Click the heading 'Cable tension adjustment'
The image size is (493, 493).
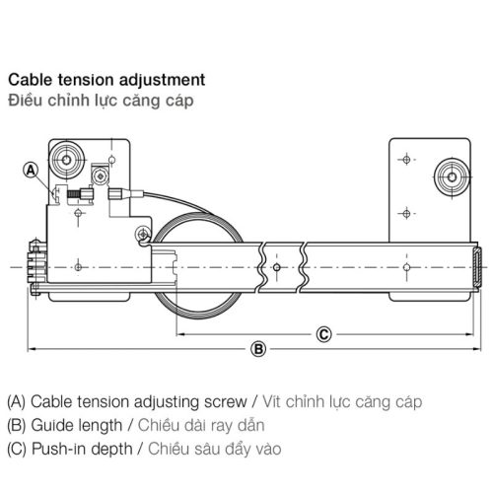(x=106, y=78)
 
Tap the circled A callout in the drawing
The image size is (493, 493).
(x=32, y=171)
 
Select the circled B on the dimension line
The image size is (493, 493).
(x=258, y=348)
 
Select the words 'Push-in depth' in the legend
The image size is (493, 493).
(x=77, y=450)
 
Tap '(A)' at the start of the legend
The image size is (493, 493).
(x=16, y=402)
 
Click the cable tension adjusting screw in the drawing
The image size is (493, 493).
(x=74, y=194)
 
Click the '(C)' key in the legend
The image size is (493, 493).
(x=16, y=450)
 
